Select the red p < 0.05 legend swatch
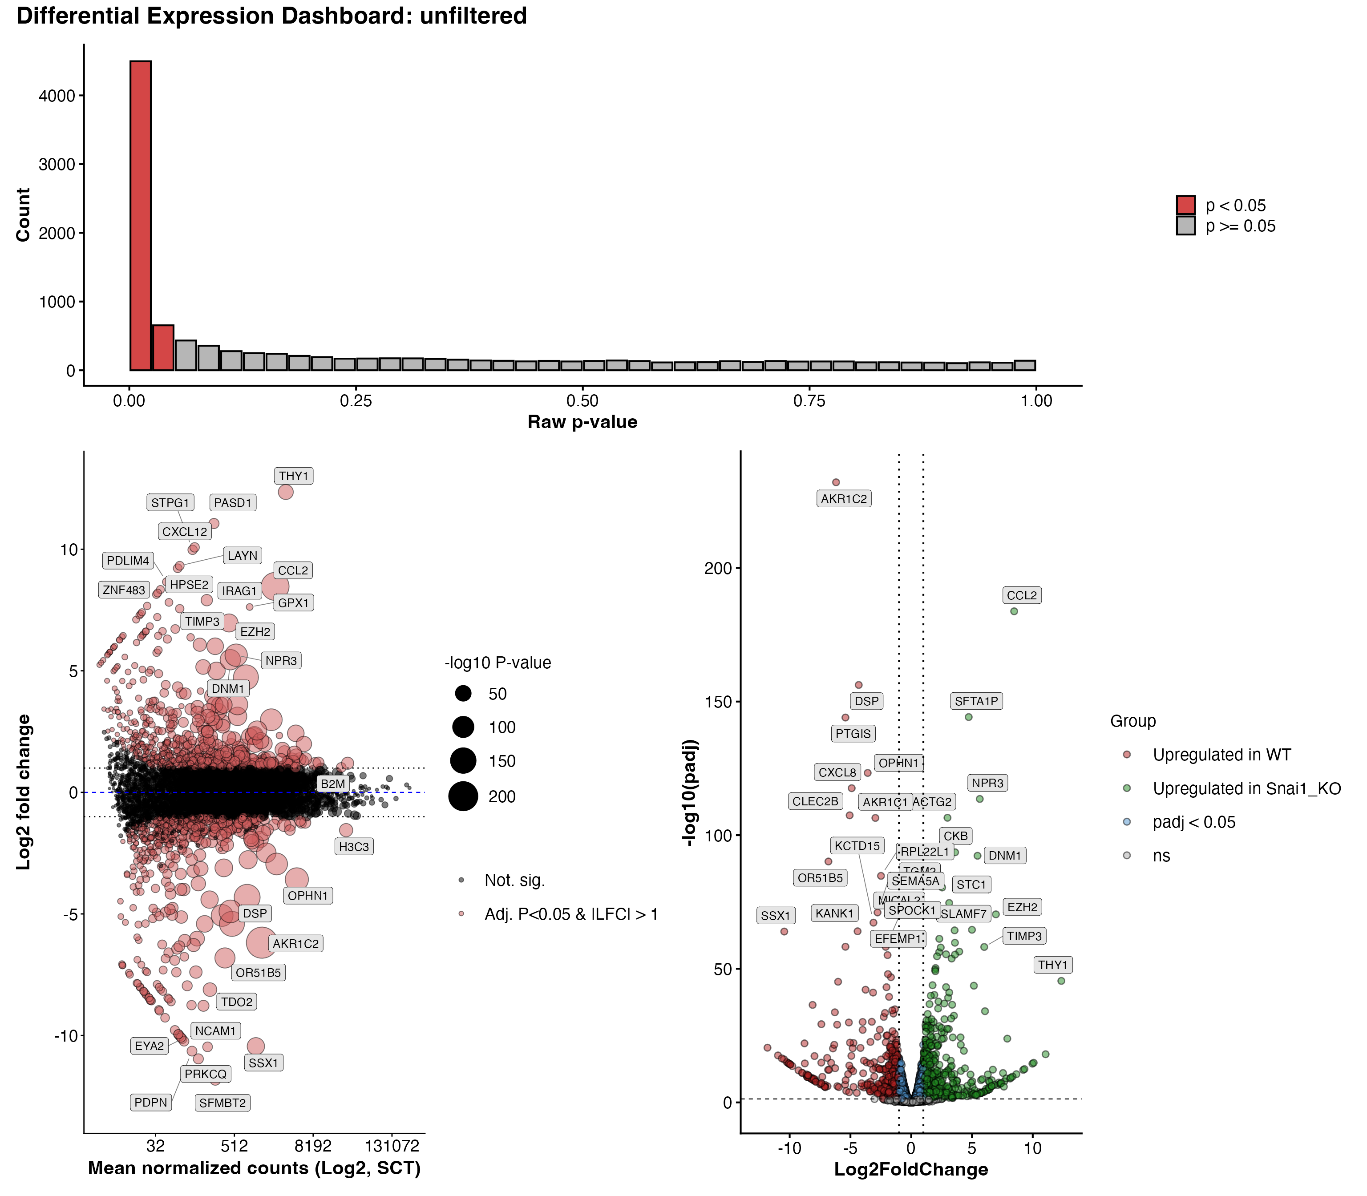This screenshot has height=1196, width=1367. coord(1185,205)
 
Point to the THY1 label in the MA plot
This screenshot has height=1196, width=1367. coord(294,476)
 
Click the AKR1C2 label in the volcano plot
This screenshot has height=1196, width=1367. coord(844,498)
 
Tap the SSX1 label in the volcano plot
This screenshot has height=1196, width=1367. coord(776,916)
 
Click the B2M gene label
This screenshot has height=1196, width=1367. coord(332,784)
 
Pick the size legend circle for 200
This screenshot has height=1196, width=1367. coord(463,796)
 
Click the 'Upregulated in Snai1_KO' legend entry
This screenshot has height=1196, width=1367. coord(1246,788)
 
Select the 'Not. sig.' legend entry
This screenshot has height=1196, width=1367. coord(514,880)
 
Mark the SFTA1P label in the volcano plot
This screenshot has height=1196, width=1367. coord(976,701)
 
